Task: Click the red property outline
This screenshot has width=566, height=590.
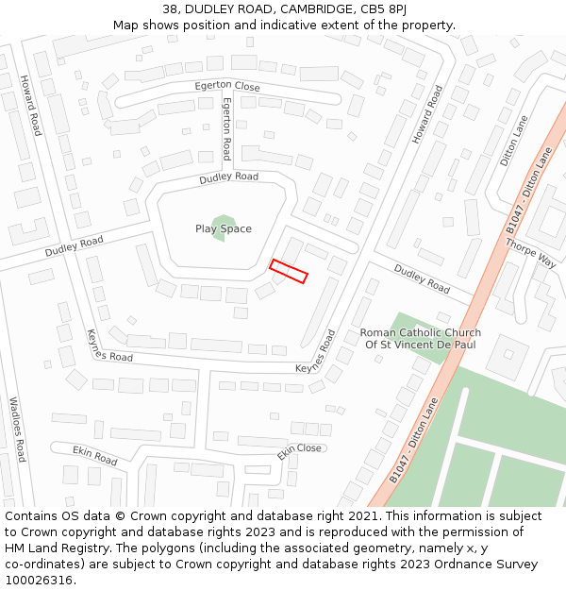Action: click(289, 271)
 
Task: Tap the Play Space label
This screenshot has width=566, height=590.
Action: click(224, 228)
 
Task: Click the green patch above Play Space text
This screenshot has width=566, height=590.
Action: click(224, 220)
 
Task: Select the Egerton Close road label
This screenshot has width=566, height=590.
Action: click(226, 86)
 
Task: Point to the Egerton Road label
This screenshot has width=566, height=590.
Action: click(226, 129)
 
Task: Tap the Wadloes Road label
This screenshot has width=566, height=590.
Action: click(15, 429)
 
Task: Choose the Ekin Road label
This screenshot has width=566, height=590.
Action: click(95, 456)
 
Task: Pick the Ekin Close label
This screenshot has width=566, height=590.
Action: click(299, 452)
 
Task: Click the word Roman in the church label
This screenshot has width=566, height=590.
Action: click(378, 332)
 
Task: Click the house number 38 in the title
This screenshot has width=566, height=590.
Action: click(170, 9)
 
